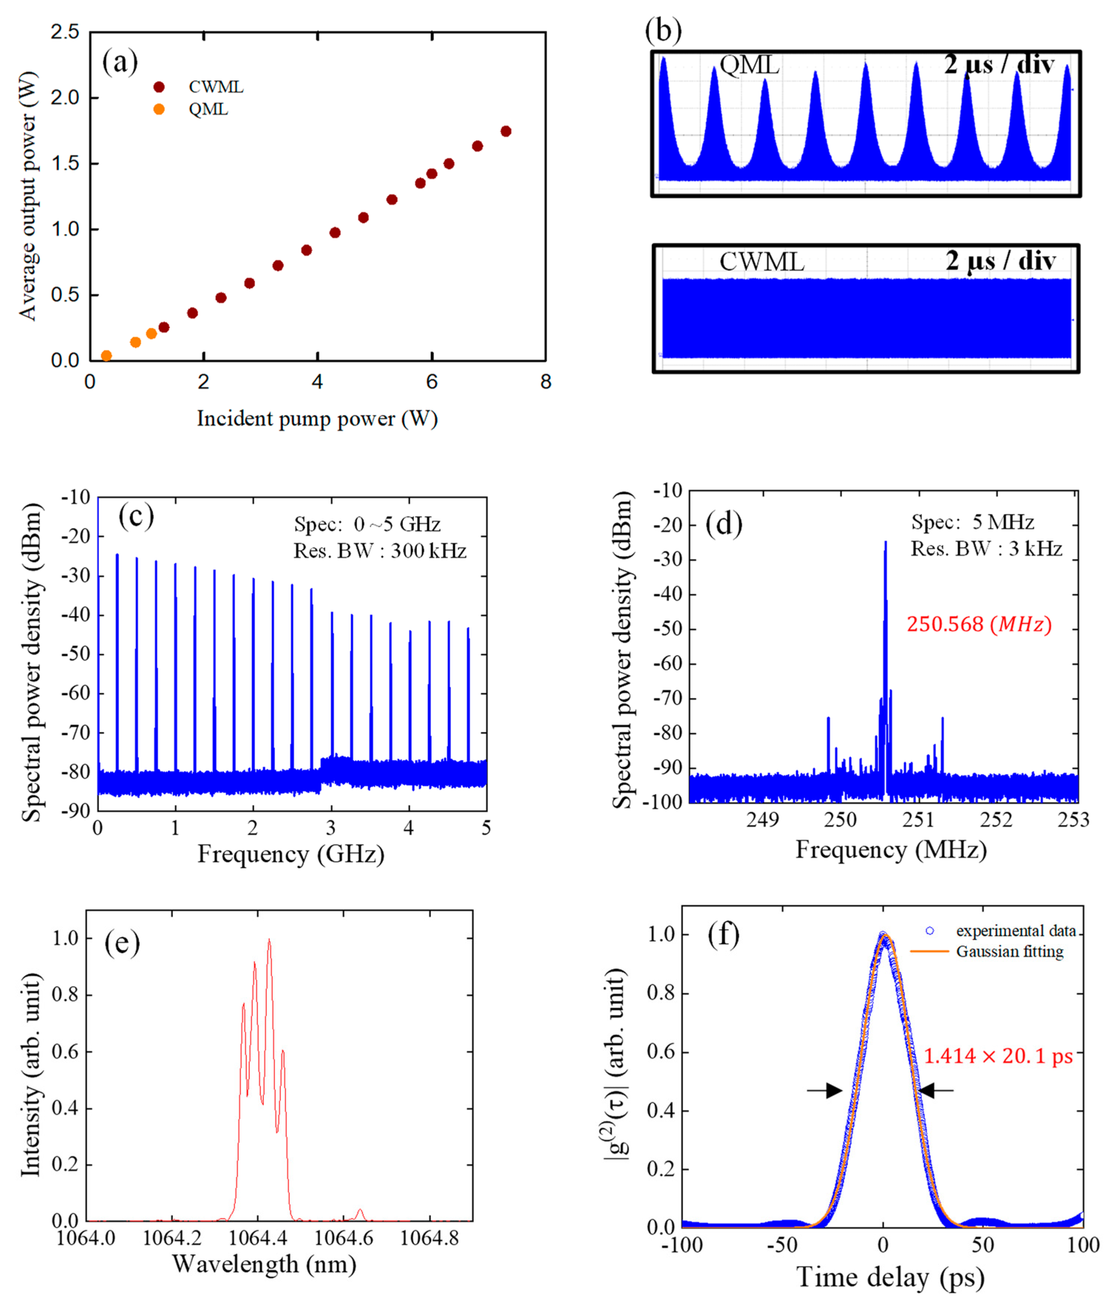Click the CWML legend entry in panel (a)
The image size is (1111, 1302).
(216, 87)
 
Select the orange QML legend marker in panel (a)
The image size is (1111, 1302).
(159, 109)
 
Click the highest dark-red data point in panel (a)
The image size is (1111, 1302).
(506, 131)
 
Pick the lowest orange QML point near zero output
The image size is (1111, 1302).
(106, 356)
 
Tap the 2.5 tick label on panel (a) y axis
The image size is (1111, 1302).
(65, 32)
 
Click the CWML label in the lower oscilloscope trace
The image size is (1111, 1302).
(761, 262)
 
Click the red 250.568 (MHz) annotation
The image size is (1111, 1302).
(978, 625)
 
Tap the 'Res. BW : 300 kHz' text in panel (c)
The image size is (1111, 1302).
(380, 551)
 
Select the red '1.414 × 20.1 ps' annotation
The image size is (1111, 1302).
(998, 1056)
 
